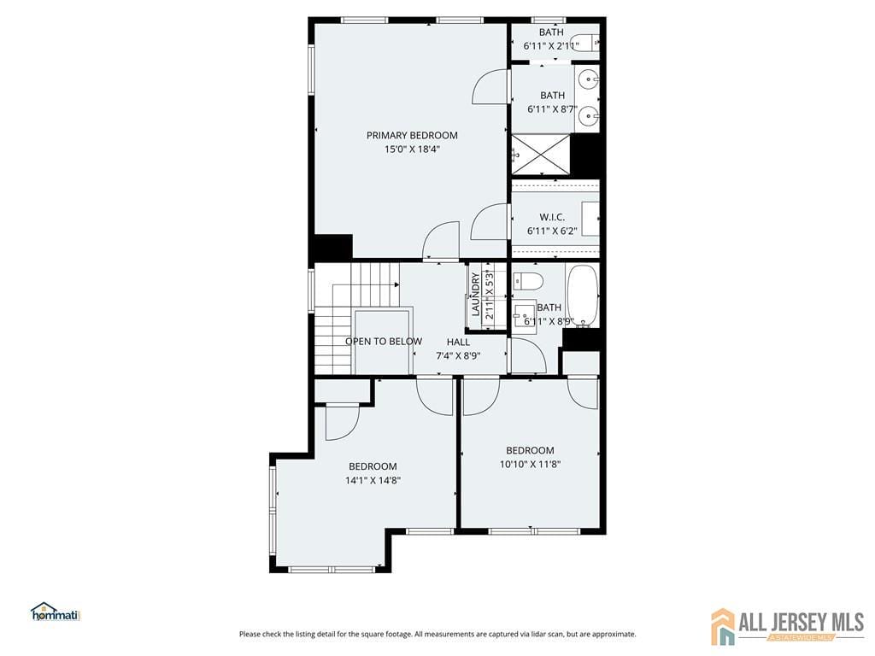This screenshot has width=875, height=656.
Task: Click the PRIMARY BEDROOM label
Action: point(412,135)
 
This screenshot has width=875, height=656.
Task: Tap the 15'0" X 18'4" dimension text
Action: point(412,149)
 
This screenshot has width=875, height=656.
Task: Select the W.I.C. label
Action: point(553,217)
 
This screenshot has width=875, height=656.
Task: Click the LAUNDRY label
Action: point(475,295)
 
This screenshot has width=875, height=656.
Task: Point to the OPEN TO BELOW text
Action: point(383,342)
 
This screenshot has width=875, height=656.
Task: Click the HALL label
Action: point(458,342)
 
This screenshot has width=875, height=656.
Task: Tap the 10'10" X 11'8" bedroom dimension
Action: point(530,465)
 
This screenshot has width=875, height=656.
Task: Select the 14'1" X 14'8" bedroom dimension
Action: point(373,480)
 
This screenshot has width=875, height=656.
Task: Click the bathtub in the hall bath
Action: point(584,296)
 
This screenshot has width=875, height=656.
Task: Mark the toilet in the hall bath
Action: point(527,282)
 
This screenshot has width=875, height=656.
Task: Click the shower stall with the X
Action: point(540,154)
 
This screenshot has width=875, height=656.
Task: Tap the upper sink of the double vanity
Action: point(587,80)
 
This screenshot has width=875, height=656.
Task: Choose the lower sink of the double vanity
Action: point(587,115)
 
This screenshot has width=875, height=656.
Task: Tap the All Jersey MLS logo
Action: point(787,626)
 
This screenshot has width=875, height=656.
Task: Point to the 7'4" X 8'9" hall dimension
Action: point(458,355)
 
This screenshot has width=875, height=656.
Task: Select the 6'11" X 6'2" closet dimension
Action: point(553,231)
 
